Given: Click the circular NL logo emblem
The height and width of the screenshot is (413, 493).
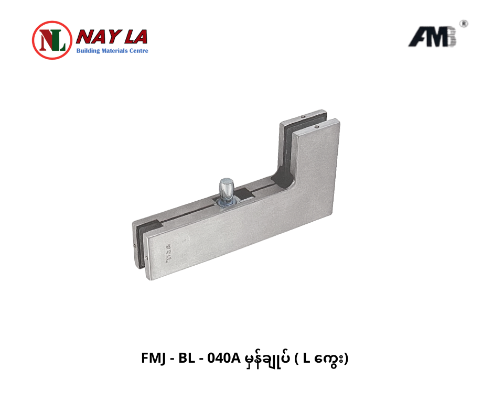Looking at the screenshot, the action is point(52,40).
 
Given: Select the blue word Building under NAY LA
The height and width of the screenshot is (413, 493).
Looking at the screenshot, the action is point(88,51).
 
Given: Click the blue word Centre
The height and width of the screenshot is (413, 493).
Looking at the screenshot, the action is point(138,51).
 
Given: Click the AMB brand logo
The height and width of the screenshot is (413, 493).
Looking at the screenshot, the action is point(432,37).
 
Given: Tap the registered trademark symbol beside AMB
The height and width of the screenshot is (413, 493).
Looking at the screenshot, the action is point(464,24).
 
